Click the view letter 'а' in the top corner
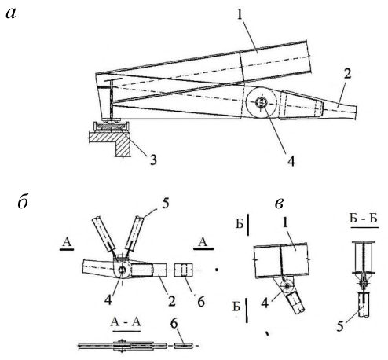click(11, 13)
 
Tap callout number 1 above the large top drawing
click(240, 14)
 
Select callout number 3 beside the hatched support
click(153, 160)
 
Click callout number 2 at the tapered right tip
click(347, 74)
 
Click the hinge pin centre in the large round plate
click(261, 101)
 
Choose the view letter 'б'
click(23, 202)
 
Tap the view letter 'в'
click(280, 204)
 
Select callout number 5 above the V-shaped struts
click(166, 204)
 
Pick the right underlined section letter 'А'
click(203, 242)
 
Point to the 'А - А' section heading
click(126, 322)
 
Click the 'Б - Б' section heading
click(364, 219)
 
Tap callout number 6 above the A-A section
click(174, 324)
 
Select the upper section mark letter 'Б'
click(240, 224)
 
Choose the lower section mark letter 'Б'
click(236, 307)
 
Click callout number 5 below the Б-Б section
click(340, 326)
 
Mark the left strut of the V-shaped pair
click(104, 234)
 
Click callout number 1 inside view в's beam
click(285, 223)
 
